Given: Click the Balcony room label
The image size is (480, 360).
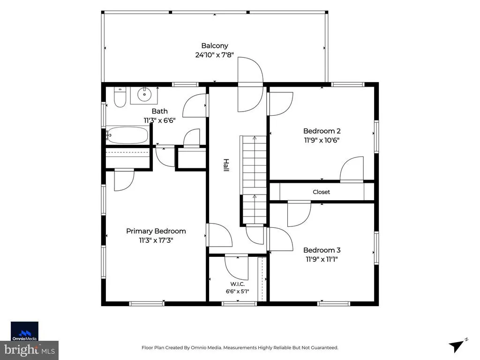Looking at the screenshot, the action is pos(215,45).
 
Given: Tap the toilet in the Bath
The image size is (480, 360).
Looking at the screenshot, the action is pos(120,97).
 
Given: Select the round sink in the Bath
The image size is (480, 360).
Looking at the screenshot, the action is pos(144,94).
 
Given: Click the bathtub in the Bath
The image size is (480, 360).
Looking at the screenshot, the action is pos(127,135).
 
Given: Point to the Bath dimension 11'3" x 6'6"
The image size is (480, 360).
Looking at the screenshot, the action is pos(159,120).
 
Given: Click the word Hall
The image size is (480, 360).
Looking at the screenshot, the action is pos(226,165).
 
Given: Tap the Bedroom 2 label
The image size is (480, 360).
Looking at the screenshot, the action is pos(322,131).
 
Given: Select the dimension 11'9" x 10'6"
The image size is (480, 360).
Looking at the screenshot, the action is pos(322,140).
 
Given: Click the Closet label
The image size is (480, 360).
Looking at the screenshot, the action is pos(322,192).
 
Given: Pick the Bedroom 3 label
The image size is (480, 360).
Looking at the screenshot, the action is pos(322,250).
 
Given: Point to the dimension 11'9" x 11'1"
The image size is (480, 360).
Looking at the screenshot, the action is pos(322,259).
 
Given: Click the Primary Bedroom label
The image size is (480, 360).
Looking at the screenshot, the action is pos(156,231).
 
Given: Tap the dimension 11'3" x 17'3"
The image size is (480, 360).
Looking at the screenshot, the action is pos(156,240).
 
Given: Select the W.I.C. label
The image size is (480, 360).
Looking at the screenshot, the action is pos(238,284).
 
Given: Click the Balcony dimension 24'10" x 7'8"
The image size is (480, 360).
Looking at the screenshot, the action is pos(215,55).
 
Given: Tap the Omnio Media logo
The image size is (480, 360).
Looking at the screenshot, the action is pos(24,331).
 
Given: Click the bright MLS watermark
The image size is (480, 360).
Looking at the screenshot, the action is pos(30,350).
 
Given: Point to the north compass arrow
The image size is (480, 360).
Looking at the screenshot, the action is pos(457,346).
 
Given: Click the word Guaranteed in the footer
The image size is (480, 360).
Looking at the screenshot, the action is pos(324,348).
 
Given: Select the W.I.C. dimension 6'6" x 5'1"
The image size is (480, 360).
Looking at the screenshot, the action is pos(238,292).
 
